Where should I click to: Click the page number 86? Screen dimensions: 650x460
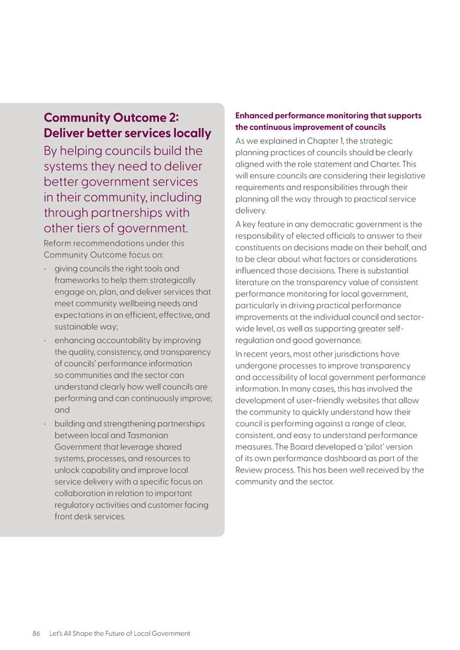tap(36, 633)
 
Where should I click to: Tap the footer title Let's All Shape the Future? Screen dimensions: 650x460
tap(119, 633)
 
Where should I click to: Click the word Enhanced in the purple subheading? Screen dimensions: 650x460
tap(254, 116)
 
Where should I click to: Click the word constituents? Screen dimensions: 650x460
tap(260, 247)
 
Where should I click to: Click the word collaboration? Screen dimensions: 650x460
tap(79, 493)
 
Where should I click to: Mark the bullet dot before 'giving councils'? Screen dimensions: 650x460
tap(46, 269)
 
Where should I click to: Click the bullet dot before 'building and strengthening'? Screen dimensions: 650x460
tap(46, 424)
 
